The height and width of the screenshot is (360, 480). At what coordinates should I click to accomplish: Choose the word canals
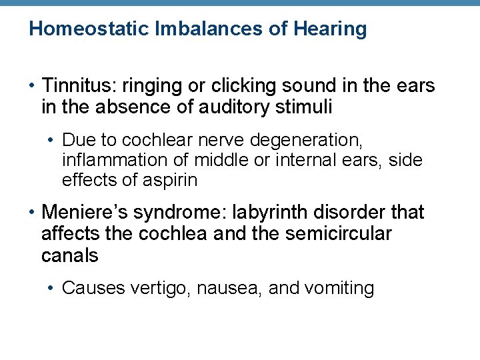click(x=69, y=255)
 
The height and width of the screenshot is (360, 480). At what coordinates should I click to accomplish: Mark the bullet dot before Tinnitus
click(x=32, y=87)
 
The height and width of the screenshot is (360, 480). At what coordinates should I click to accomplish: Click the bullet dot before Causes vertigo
click(x=52, y=289)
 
